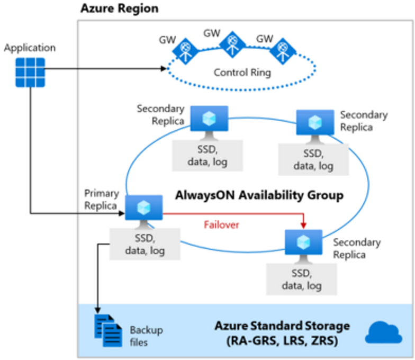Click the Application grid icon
coord(30,72)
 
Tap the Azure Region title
coord(119,9)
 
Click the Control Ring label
coord(242,73)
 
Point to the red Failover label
coord(222,224)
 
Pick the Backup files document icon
coord(108,329)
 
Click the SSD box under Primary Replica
coord(145,244)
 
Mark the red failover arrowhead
coord(303,226)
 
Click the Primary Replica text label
coord(102,200)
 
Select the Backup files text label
coord(147,336)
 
